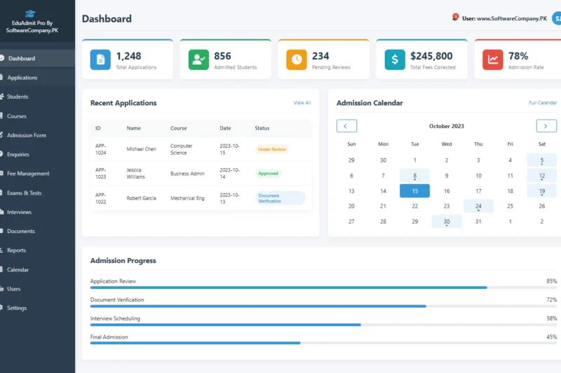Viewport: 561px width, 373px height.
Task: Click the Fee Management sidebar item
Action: [28, 174]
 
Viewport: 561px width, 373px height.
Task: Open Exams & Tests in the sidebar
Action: [24, 192]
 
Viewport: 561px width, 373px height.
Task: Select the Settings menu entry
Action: [17, 308]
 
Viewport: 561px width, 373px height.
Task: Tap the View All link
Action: [302, 103]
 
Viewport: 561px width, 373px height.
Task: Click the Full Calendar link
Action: [542, 103]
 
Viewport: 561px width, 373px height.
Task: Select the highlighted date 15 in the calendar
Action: [414, 191]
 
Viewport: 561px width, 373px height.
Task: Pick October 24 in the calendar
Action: [478, 206]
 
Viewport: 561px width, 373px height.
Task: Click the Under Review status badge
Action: [272, 149]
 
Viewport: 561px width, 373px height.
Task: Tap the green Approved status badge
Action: [268, 174]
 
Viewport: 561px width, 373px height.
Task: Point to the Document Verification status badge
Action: [280, 198]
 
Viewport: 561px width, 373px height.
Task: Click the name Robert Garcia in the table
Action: [141, 198]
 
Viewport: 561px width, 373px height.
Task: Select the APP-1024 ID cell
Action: [100, 149]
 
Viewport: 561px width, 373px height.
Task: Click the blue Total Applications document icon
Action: [100, 60]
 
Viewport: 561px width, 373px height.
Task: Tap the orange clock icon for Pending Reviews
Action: [297, 60]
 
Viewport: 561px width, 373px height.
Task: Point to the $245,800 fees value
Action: [431, 56]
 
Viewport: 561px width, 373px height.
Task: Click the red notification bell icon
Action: [455, 17]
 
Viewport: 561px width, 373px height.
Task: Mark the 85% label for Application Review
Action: [551, 281]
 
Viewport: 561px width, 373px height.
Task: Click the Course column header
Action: [178, 128]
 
